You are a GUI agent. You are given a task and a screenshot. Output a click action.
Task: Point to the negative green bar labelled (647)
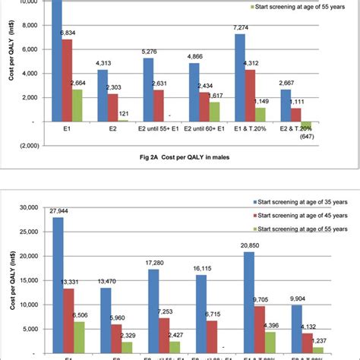(305, 125)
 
